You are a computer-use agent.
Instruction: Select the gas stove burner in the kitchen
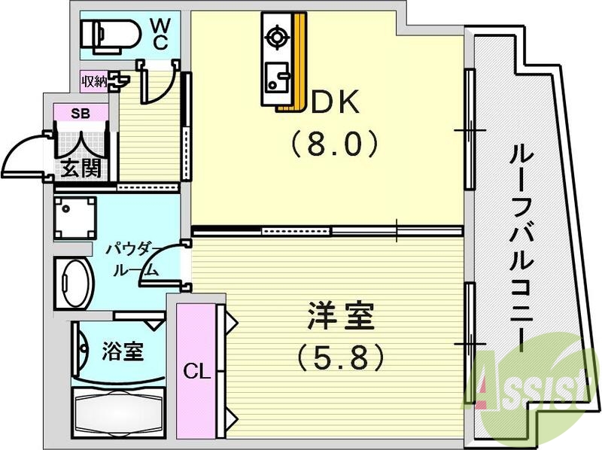tap(275, 35)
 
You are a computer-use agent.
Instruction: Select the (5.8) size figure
tap(340, 354)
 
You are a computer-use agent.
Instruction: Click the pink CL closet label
tap(195, 370)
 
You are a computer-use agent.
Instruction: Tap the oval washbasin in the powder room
tap(73, 284)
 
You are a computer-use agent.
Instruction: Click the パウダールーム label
tap(133, 259)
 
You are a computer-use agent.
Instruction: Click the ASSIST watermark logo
tap(527, 388)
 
